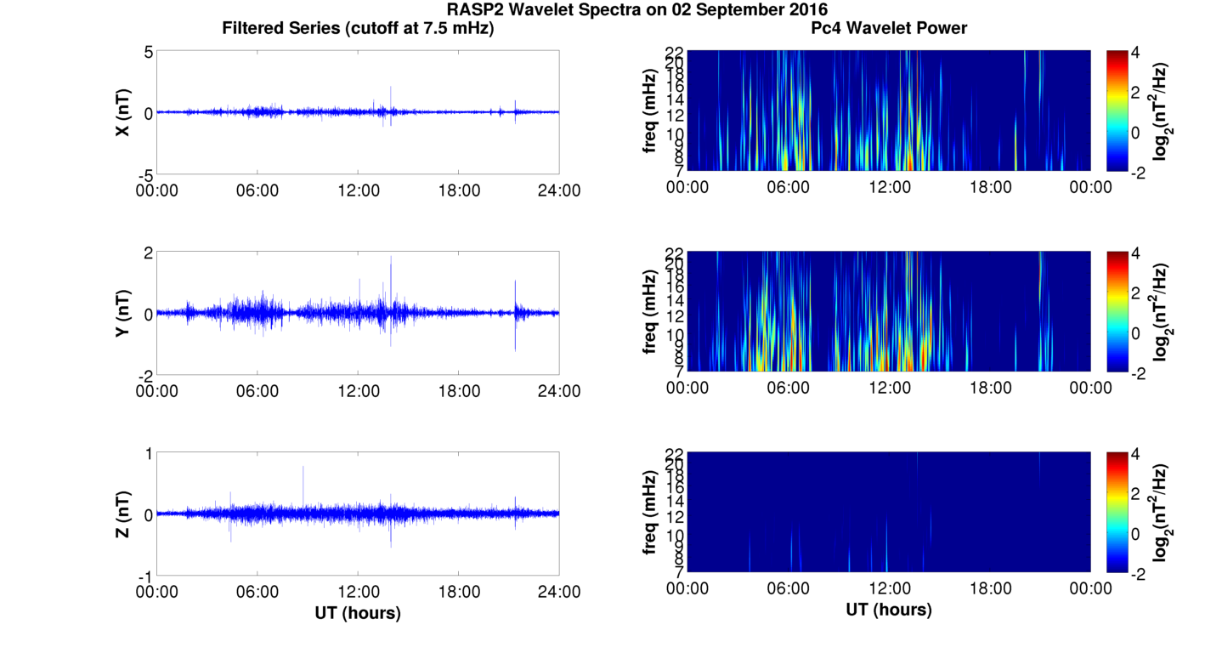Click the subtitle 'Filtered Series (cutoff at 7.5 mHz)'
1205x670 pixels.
click(x=358, y=28)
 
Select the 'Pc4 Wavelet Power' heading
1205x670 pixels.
click(x=889, y=28)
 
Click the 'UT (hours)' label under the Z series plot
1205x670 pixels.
click(x=358, y=612)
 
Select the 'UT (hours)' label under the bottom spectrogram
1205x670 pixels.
click(x=889, y=610)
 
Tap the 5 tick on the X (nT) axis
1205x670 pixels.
click(x=147, y=53)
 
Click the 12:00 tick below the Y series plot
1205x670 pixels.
click(x=358, y=391)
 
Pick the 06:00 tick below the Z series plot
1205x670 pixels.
click(x=257, y=592)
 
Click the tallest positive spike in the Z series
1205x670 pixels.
click(x=303, y=467)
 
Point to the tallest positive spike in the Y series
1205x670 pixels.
click(x=391, y=257)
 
